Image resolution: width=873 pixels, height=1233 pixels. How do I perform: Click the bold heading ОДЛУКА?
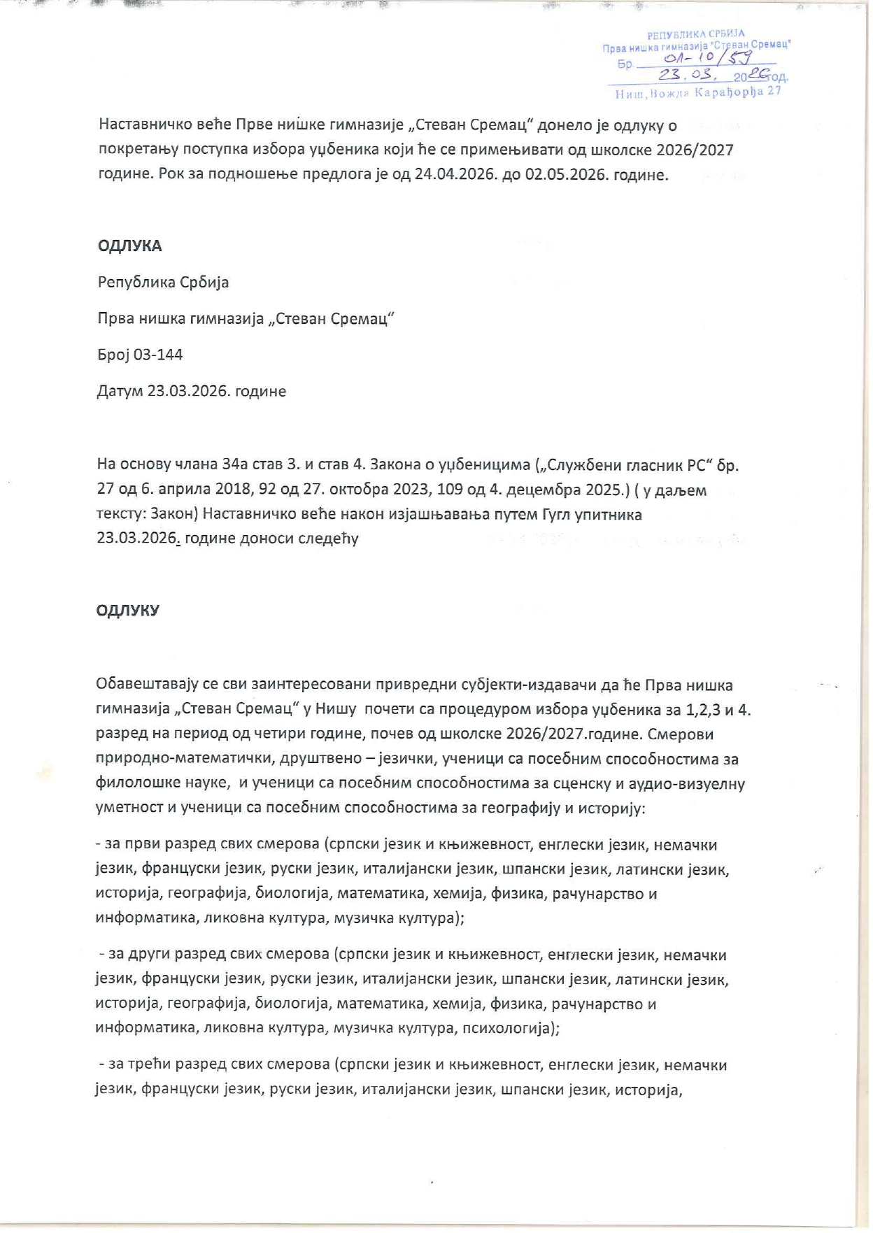[129, 246]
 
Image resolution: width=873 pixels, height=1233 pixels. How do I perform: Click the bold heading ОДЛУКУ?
[128, 611]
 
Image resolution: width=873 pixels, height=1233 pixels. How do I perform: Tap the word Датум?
[120, 392]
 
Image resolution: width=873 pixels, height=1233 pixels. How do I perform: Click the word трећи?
[148, 1065]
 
